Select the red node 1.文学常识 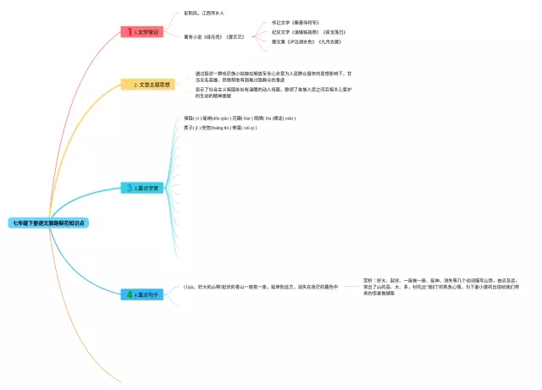click(x=141, y=31)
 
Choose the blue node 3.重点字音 click(x=144, y=188)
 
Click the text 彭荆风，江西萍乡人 click(x=204, y=14)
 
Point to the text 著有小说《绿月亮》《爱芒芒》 click(x=213, y=36)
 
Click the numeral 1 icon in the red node click(x=130, y=31)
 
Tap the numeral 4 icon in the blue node click(x=130, y=294)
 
